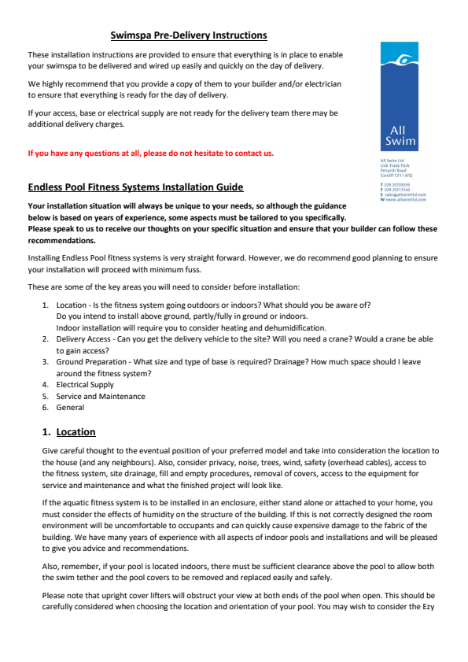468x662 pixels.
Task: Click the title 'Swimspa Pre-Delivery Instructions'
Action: click(x=188, y=35)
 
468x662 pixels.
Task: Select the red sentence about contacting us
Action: click(x=151, y=153)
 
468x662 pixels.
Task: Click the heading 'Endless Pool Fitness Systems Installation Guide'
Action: click(x=135, y=187)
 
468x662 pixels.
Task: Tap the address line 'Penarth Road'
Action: click(x=392, y=170)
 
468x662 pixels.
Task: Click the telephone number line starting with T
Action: click(x=397, y=185)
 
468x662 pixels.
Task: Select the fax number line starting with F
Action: click(x=397, y=190)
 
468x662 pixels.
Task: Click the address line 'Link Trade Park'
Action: click(x=395, y=165)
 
